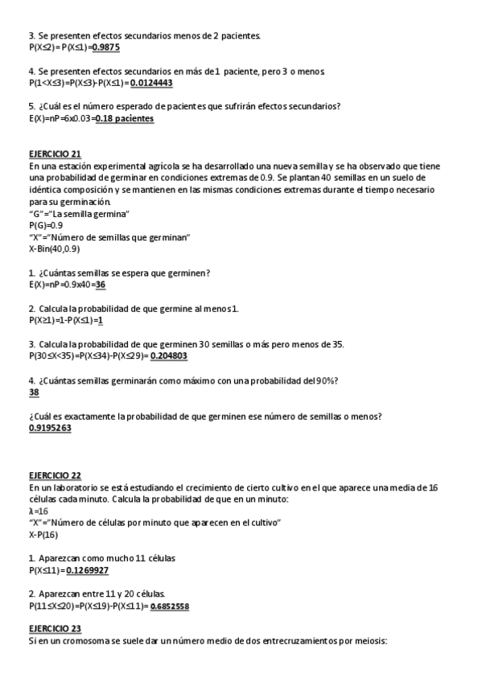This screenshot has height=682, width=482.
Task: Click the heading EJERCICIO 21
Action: [55, 154]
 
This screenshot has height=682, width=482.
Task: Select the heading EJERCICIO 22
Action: [55, 475]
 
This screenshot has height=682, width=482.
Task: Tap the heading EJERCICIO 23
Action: [55, 628]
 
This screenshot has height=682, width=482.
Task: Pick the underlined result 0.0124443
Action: [150, 83]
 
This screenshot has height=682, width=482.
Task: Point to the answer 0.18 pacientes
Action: [125, 118]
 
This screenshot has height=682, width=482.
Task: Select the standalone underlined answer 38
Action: [34, 392]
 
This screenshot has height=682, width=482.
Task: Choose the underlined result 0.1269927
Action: [88, 570]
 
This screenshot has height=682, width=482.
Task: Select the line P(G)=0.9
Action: [46, 225]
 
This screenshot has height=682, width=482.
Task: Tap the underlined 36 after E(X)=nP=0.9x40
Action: [101, 285]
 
